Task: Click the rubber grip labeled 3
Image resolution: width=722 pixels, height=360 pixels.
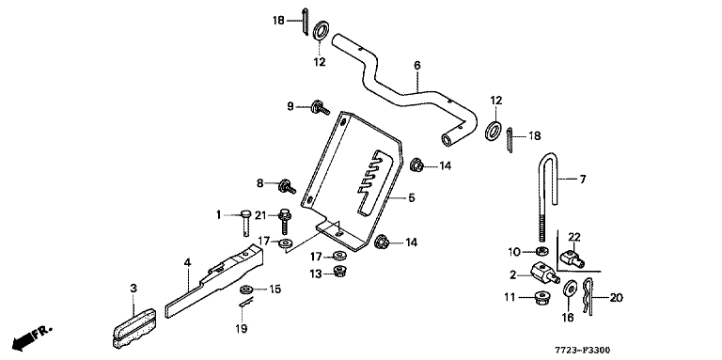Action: tap(134, 326)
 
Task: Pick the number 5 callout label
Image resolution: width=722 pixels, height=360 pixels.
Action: tap(411, 197)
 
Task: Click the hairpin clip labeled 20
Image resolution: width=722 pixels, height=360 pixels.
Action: tap(589, 296)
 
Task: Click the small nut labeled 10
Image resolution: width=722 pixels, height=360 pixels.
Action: tap(542, 251)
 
